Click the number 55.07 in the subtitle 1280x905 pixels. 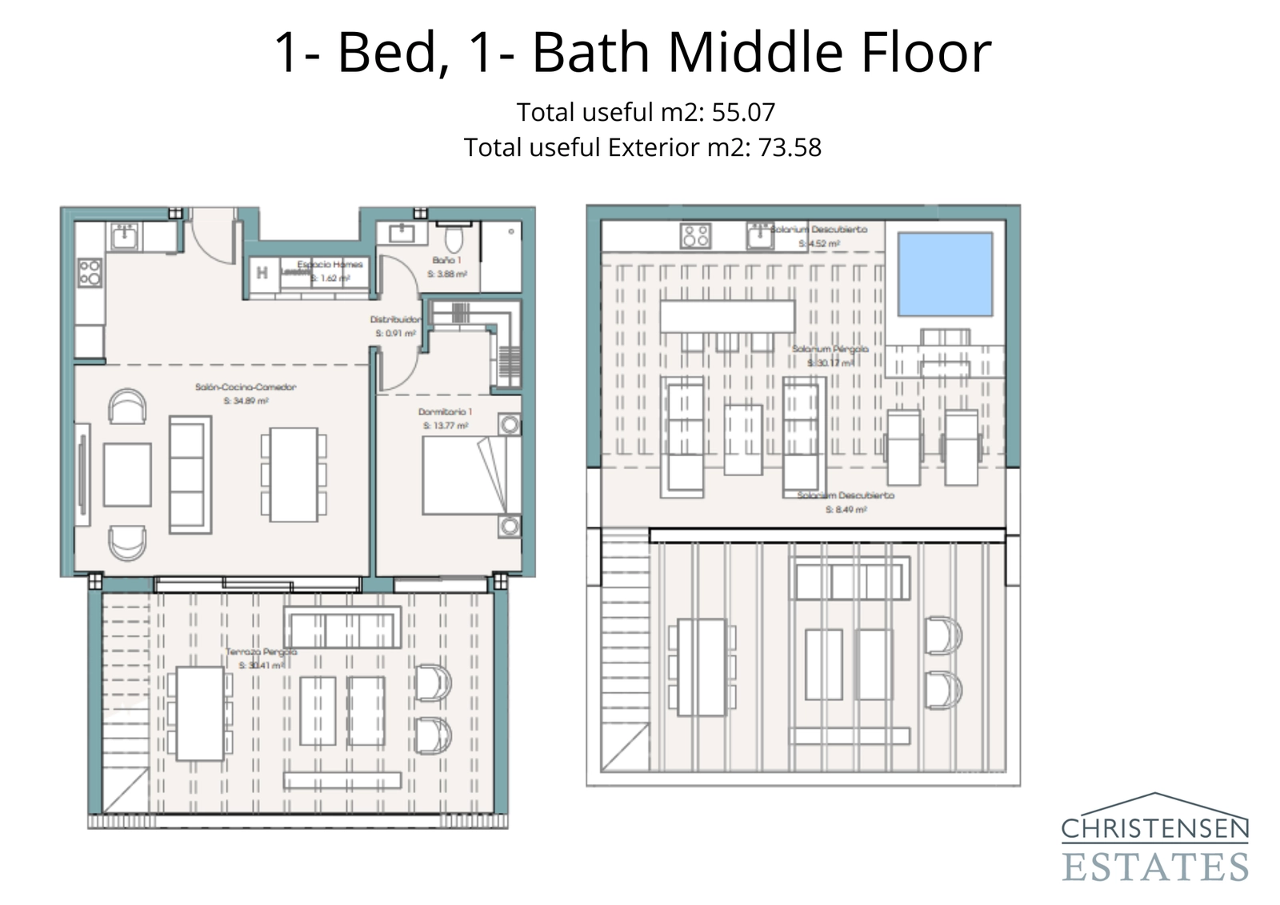[x=743, y=112]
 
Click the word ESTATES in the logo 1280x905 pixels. [x=1155, y=867]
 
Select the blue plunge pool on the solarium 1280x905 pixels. [x=945, y=274]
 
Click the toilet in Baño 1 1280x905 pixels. [x=454, y=238]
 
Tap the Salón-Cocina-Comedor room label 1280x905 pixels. [x=246, y=387]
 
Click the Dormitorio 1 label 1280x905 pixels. [x=446, y=412]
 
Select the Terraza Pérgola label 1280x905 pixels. [x=262, y=652]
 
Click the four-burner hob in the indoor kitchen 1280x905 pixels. [x=90, y=272]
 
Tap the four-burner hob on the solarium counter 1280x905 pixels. [x=695, y=235]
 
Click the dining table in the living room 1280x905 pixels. [x=294, y=475]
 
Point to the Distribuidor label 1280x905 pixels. [x=395, y=319]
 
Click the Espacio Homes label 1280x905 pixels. [x=330, y=264]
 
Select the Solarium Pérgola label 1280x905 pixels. [x=830, y=349]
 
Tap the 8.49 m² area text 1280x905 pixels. [x=846, y=510]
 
